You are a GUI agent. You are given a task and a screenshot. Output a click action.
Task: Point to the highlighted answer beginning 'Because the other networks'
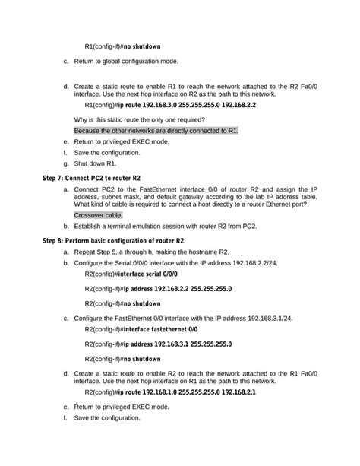[x=156, y=131]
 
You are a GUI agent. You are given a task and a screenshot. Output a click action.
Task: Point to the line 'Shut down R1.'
[x=95, y=163]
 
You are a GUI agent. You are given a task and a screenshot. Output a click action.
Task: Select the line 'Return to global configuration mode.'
[x=126, y=62]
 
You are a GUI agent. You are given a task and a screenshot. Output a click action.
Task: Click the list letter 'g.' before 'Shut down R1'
[x=66, y=163]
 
